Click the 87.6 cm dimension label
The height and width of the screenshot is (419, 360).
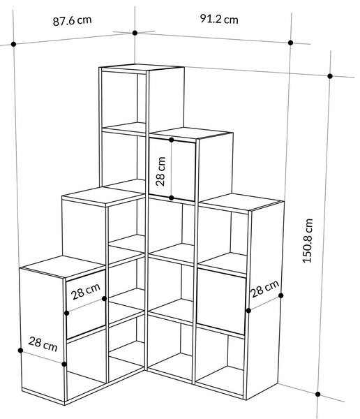[x=72, y=20]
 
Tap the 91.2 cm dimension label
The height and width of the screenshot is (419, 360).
[x=219, y=20]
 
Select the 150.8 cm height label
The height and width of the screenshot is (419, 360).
[x=308, y=241]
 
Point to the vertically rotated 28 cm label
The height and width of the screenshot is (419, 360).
[x=160, y=171]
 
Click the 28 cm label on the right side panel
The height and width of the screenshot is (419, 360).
[x=265, y=288]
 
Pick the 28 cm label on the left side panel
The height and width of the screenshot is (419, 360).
[x=43, y=344]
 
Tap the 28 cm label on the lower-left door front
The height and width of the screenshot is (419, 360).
[x=86, y=291]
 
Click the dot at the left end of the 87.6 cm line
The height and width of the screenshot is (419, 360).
[x=14, y=44]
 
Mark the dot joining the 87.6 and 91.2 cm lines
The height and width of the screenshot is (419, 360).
[x=135, y=33]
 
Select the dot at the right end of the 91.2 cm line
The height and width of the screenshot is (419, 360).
[x=290, y=43]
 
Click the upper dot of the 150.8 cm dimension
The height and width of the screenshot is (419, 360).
[x=330, y=76]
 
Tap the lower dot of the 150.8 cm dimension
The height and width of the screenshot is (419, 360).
[x=318, y=394]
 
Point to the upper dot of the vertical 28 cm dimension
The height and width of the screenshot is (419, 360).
[x=172, y=140]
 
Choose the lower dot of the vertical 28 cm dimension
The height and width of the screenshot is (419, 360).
[x=172, y=198]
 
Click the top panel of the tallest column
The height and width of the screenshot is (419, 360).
[x=142, y=68]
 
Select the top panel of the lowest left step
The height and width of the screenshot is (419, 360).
[x=63, y=267]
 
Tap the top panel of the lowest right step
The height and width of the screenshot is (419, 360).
[x=241, y=203]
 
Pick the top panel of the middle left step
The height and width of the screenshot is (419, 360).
[x=104, y=196]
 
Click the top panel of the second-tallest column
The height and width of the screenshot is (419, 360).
[x=191, y=133]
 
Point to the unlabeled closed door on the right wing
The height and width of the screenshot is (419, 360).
[x=221, y=302]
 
